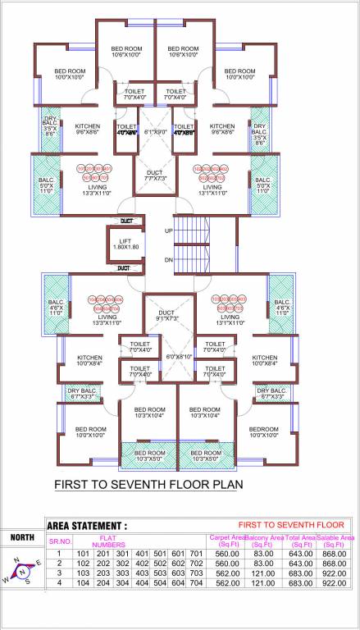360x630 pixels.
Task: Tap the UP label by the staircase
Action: [168, 231]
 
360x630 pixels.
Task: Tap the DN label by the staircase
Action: [168, 259]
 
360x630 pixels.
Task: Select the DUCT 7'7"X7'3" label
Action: [155, 175]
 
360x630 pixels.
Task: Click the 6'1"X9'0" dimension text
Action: [155, 130]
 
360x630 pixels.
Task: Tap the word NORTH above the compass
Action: [22, 538]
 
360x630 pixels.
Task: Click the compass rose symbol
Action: [22, 571]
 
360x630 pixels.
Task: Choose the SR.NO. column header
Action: [60, 541]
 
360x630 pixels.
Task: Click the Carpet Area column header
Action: [226, 541]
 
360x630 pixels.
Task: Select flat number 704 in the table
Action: [195, 583]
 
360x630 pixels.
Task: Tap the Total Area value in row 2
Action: [300, 564]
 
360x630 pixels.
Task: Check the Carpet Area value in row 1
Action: [226, 554]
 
